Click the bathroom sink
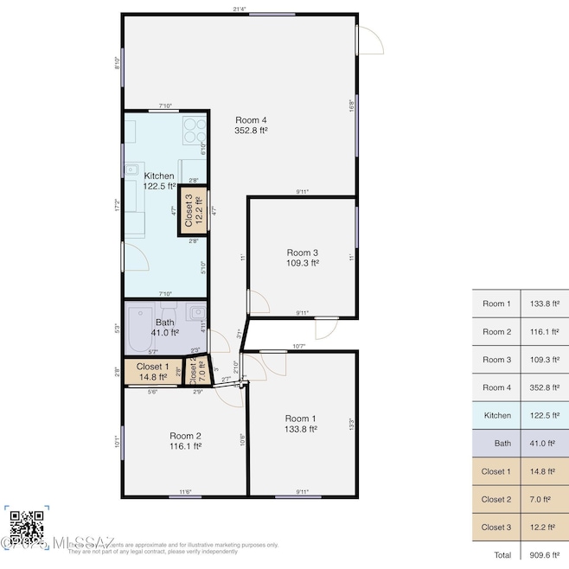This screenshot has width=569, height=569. [198, 311]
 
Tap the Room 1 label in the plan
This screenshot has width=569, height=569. [301, 423]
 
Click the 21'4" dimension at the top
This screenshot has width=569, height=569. [240, 9]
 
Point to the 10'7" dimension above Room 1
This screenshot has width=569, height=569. [299, 346]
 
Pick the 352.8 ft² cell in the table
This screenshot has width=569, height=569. [544, 387]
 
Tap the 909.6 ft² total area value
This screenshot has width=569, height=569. [544, 554]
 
